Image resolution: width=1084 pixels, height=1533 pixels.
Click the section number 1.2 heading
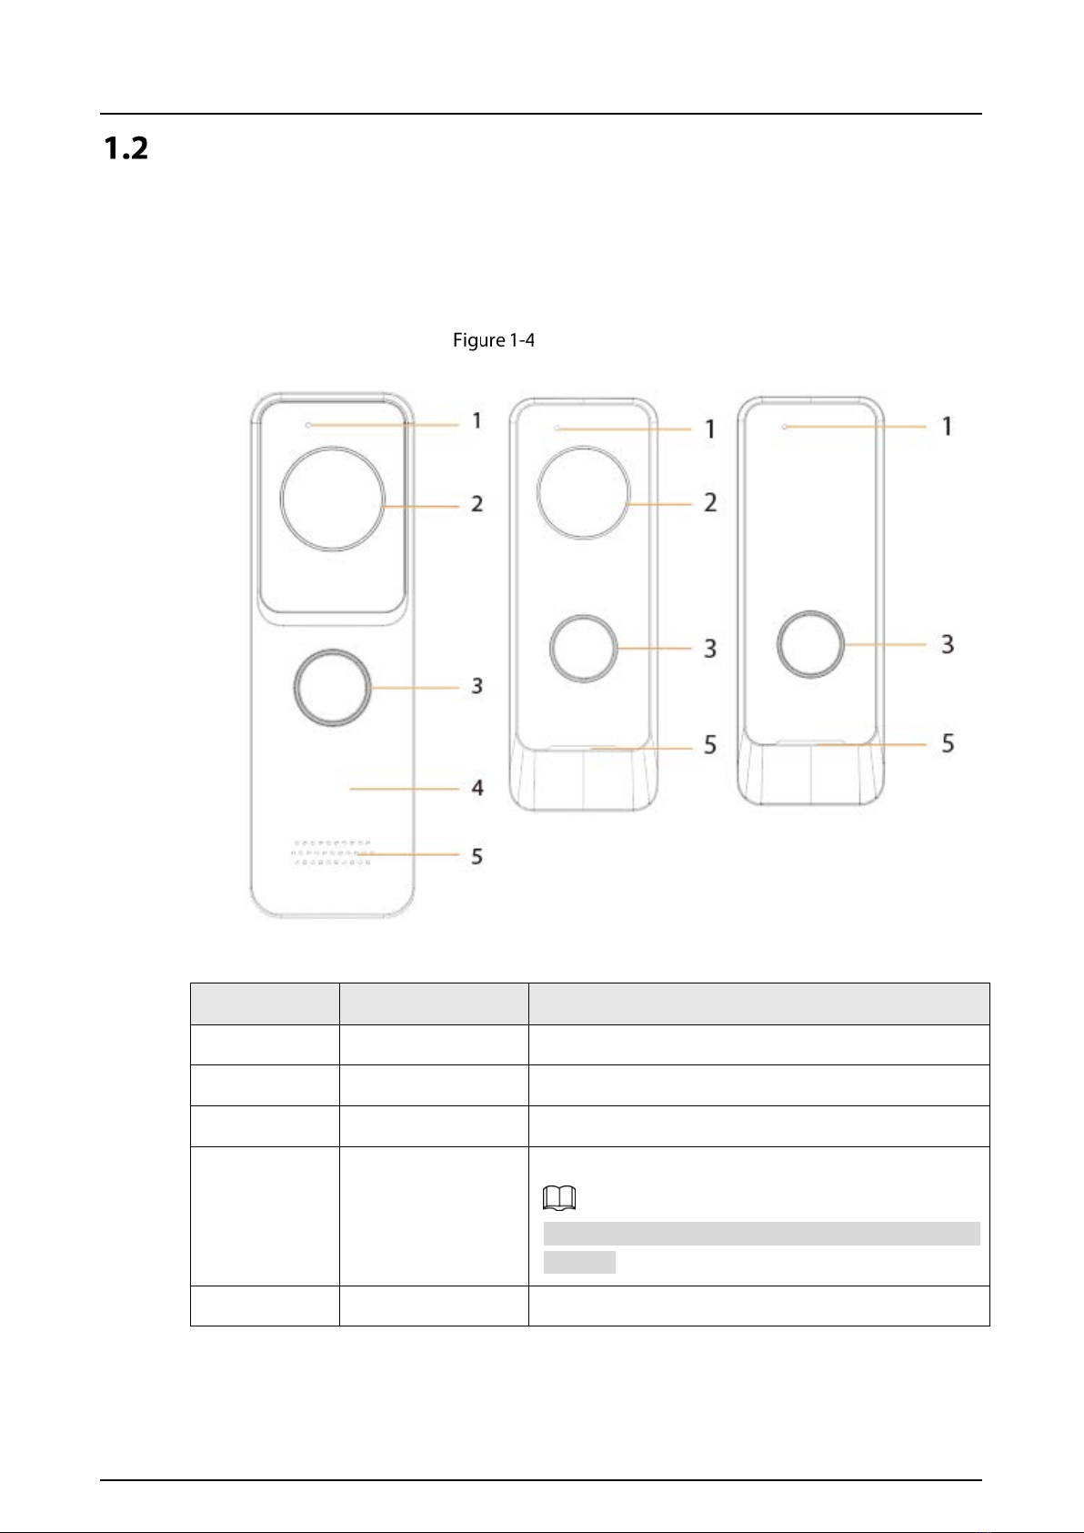click(125, 147)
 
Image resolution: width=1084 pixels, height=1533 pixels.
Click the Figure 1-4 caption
click(493, 340)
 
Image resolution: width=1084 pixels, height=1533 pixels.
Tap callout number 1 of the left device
click(477, 421)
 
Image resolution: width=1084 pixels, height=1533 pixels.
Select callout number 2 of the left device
click(477, 504)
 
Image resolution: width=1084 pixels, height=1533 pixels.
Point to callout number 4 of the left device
click(477, 788)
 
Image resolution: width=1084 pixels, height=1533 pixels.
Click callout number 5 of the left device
click(477, 856)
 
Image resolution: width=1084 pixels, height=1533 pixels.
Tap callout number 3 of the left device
click(477, 686)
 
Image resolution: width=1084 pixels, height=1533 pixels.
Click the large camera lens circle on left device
click(332, 447)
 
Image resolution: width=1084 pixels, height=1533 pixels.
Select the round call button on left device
click(332, 651)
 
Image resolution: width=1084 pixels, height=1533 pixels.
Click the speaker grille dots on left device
click(331, 852)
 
